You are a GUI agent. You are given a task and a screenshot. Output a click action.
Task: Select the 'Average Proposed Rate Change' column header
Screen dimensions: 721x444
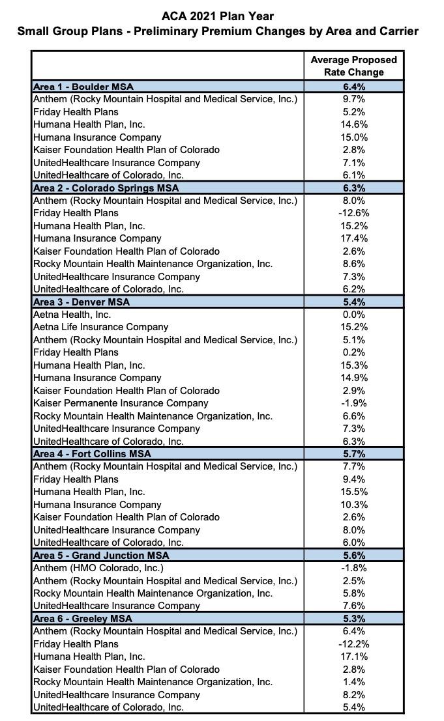[353, 66]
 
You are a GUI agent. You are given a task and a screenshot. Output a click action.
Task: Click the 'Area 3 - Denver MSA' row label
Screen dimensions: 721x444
[81, 302]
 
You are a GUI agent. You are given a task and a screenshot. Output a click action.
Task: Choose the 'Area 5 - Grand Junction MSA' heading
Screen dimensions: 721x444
[101, 556]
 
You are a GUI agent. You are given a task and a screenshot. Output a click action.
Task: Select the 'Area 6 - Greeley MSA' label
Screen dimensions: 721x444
[83, 619]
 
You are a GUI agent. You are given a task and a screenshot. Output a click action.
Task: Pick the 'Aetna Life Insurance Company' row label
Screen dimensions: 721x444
[100, 327]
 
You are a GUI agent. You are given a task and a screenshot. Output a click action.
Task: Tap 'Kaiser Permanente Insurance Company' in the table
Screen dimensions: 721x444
[121, 403]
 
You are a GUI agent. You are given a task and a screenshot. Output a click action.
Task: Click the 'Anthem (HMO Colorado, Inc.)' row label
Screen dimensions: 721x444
[98, 568]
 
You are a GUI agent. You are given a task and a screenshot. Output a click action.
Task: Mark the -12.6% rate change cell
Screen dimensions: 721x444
[353, 213]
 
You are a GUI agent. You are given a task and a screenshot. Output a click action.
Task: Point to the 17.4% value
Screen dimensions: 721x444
[353, 238]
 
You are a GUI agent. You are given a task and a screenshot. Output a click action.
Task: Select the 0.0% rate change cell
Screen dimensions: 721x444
[353, 315]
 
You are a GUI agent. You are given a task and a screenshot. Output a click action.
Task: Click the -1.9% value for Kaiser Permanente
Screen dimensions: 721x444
[353, 403]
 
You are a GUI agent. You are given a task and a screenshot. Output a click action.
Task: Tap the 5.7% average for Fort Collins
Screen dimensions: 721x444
[353, 454]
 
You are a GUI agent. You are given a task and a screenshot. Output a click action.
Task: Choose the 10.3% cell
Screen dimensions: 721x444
[353, 505]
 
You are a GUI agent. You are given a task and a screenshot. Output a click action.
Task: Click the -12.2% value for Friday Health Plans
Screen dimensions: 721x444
[353, 644]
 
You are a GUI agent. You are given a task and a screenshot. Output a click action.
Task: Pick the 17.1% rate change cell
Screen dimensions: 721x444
[353, 657]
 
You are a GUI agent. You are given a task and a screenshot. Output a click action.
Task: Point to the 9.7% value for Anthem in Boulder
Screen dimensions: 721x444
[353, 99]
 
